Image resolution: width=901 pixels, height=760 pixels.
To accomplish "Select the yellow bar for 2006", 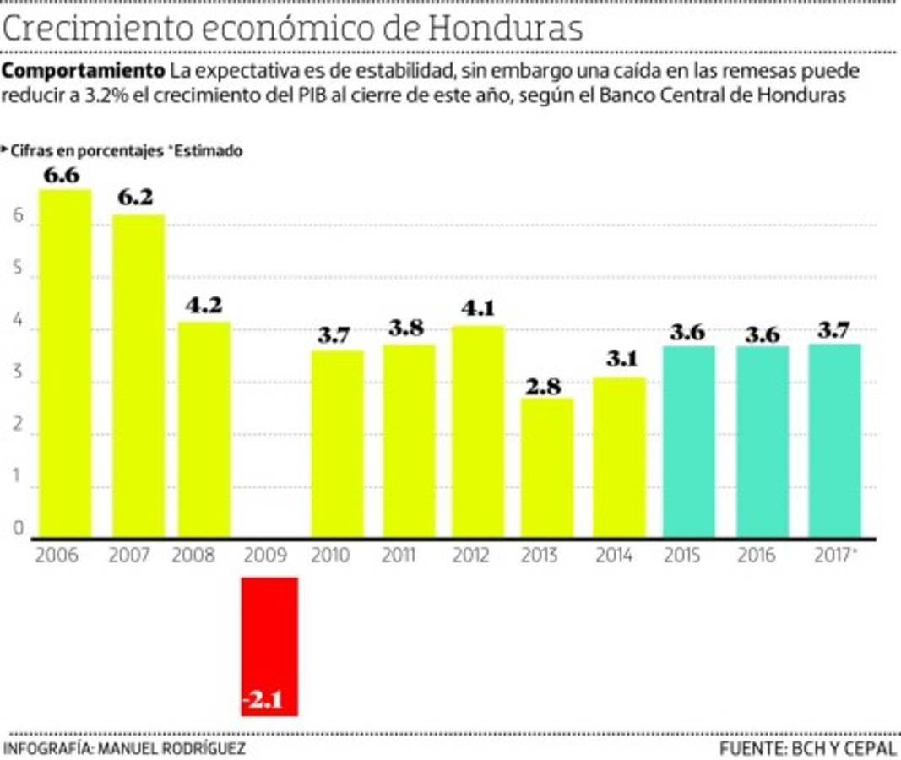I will pos(66,363).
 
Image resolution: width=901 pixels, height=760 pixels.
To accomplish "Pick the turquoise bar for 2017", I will pos(834,440).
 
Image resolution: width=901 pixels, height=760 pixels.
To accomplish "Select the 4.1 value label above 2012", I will pos(478,309).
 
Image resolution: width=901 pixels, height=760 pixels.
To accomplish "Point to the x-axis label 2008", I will pos(193,556).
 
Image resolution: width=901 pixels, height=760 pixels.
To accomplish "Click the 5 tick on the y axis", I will pos(16,277).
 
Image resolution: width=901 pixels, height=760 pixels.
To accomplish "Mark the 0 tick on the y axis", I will pos(16,529).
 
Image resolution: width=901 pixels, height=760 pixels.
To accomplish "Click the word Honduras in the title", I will pos(505,28).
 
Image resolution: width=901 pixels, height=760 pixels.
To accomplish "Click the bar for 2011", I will pos(409,440).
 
